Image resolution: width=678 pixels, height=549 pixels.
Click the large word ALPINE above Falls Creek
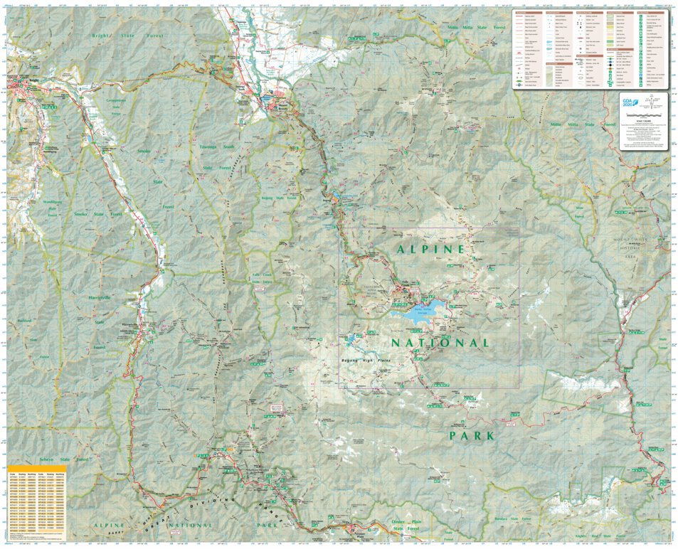click(x=430, y=250)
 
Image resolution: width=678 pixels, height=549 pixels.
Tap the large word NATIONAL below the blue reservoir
click(x=440, y=343)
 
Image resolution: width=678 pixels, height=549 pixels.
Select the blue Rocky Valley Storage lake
click(x=419, y=312)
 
